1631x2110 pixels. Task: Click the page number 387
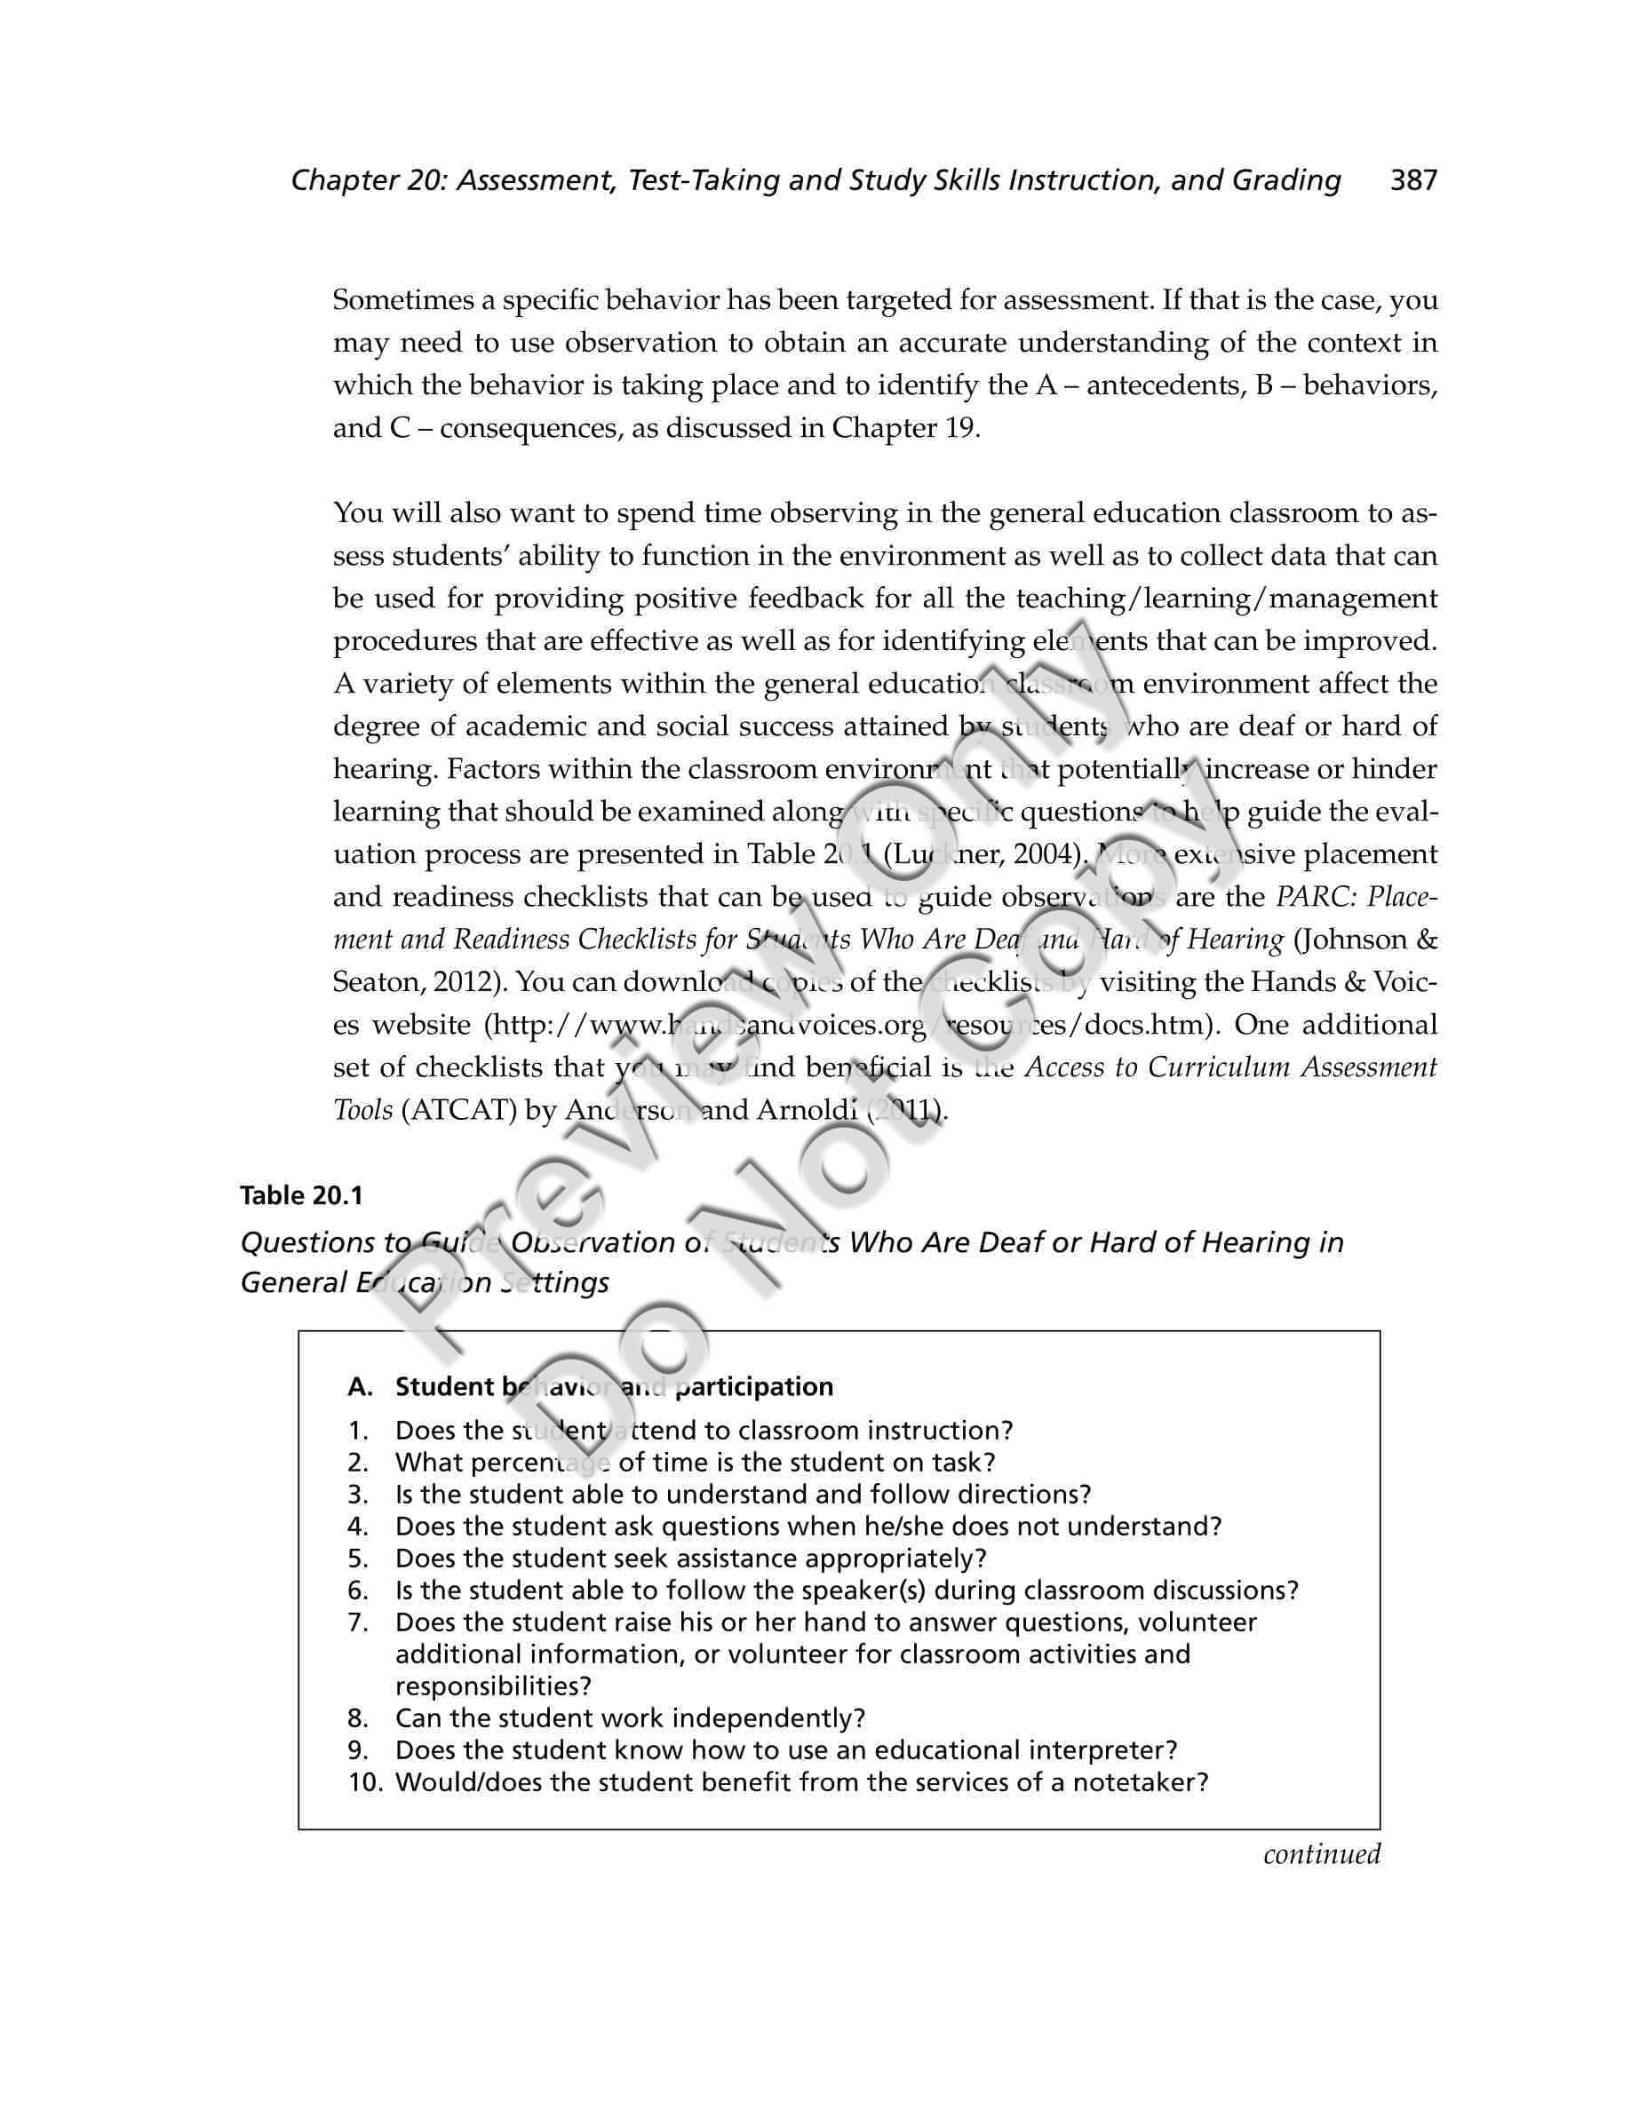1412,180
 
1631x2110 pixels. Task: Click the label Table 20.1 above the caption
300,1196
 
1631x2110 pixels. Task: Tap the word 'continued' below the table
1322,1854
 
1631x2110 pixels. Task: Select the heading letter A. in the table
361,1387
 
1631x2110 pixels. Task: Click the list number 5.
359,1559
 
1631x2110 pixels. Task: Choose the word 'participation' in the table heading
753,1387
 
